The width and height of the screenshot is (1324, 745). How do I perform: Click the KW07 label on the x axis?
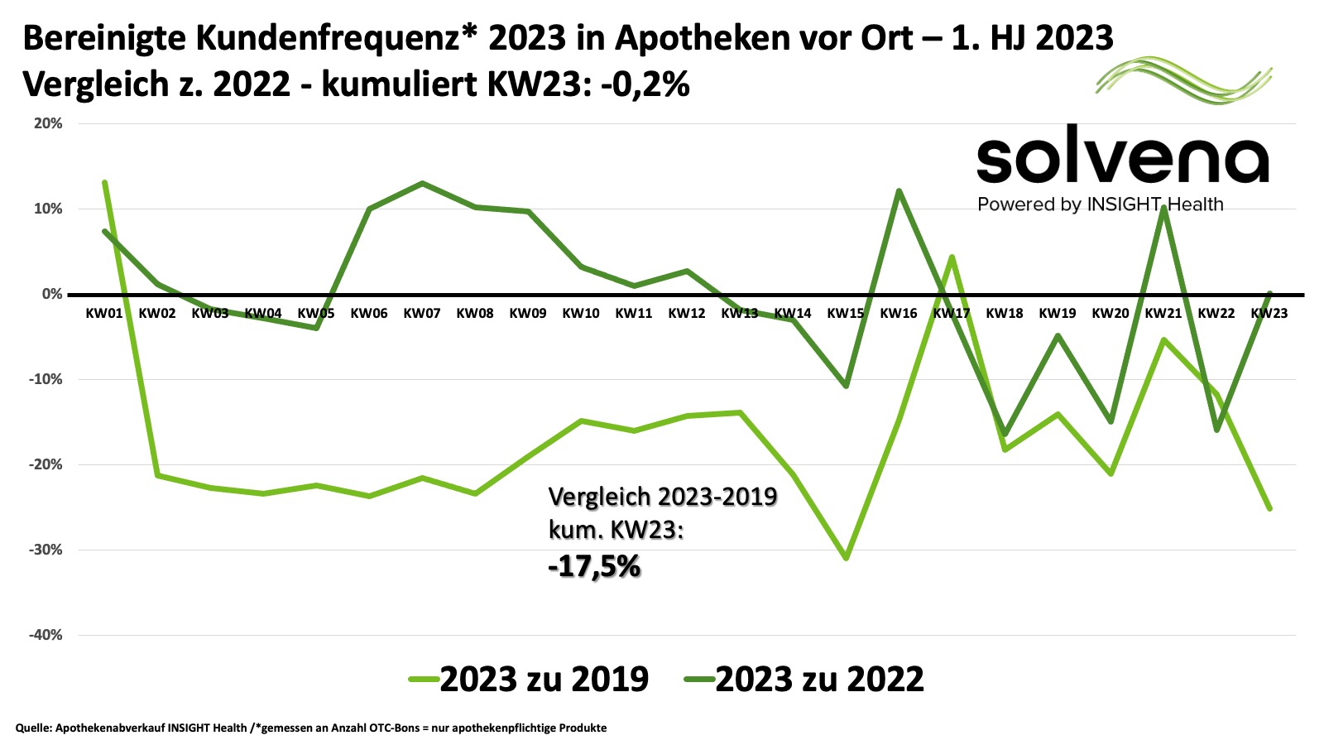tap(421, 314)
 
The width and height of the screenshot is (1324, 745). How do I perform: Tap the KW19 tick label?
tap(1057, 314)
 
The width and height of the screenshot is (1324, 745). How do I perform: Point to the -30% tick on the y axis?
tap(46, 550)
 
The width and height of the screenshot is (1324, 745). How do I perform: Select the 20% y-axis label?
tap(48, 123)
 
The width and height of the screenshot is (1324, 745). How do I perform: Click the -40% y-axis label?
tap(46, 635)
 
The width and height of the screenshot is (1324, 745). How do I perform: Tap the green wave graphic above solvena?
tap(1183, 79)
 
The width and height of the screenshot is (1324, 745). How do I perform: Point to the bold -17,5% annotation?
tap(594, 567)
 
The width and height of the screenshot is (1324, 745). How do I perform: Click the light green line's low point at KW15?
tap(846, 558)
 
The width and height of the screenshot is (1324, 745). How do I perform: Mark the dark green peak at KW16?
tap(899, 191)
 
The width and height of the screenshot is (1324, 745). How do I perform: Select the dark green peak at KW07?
tap(422, 183)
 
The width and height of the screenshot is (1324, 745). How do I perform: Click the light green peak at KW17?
tap(952, 257)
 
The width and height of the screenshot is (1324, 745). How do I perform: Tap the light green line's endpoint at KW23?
tap(1269, 508)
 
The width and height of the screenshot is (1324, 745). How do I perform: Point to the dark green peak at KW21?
tap(1163, 207)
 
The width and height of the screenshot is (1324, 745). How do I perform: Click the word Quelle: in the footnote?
tap(33, 728)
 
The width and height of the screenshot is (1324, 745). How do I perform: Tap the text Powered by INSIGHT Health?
tap(1100, 204)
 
